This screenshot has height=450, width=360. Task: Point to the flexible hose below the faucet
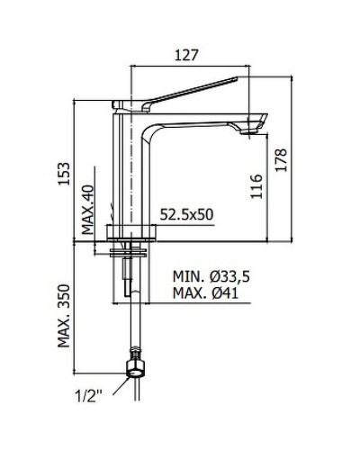pos(137,324)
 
